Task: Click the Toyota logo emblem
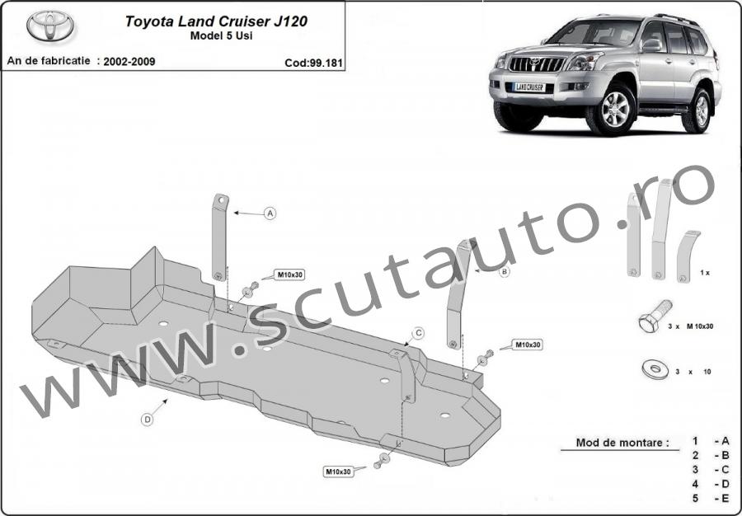[x=50, y=26]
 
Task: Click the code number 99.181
[x=326, y=63]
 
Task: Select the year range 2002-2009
[x=129, y=62]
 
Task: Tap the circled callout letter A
[x=270, y=213]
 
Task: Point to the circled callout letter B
[x=505, y=271]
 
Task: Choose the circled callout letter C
[x=418, y=334]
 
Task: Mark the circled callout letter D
[x=148, y=419]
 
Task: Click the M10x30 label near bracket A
[x=290, y=274]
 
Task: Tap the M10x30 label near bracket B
[x=527, y=345]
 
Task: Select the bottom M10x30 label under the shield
[x=338, y=471]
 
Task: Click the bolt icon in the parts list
[x=655, y=316]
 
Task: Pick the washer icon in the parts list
[x=655, y=369]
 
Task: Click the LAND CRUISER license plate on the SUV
[x=529, y=87]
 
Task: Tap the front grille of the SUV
[x=536, y=63]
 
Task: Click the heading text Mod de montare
[x=622, y=443]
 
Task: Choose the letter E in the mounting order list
[x=725, y=498]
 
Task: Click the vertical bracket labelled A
[x=219, y=237]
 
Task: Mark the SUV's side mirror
[x=651, y=45]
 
